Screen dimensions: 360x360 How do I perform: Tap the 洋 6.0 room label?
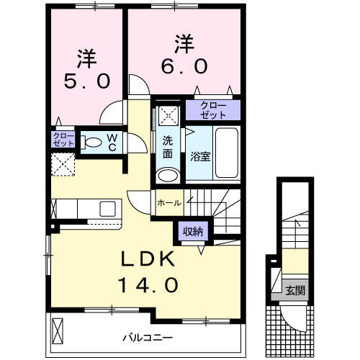(x=184, y=55)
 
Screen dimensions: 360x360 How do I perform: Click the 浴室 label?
(x=200, y=156)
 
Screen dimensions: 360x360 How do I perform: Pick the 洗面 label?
(x=167, y=148)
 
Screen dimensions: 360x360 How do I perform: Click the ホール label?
(x=169, y=203)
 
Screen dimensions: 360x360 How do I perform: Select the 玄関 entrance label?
(x=296, y=291)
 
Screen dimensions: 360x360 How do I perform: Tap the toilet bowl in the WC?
(x=91, y=141)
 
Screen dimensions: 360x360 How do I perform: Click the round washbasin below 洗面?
(x=168, y=175)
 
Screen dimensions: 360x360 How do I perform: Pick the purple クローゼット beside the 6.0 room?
(x=212, y=110)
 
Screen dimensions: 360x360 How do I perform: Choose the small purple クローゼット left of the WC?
(x=62, y=140)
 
